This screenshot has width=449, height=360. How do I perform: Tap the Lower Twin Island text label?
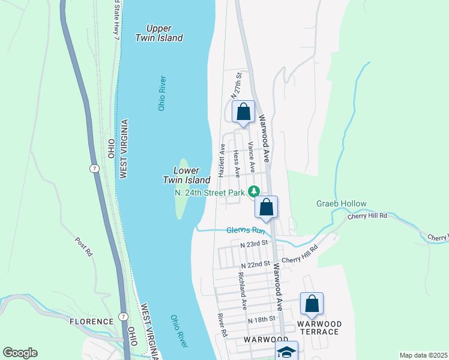(186, 175)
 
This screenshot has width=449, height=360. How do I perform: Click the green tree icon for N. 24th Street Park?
(254, 192)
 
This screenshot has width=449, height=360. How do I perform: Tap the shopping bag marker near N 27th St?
(243, 112)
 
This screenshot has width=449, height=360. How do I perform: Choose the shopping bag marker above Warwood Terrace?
(312, 304)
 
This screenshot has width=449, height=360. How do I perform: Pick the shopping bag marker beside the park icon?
(267, 208)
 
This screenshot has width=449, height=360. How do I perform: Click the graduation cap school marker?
(287, 352)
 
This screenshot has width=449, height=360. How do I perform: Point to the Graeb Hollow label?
(341, 203)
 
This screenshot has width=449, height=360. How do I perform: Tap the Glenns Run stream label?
(246, 230)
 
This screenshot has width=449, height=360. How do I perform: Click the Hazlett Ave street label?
(221, 160)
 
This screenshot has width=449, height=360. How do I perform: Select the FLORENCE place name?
(91, 322)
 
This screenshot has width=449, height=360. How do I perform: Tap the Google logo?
(20, 353)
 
